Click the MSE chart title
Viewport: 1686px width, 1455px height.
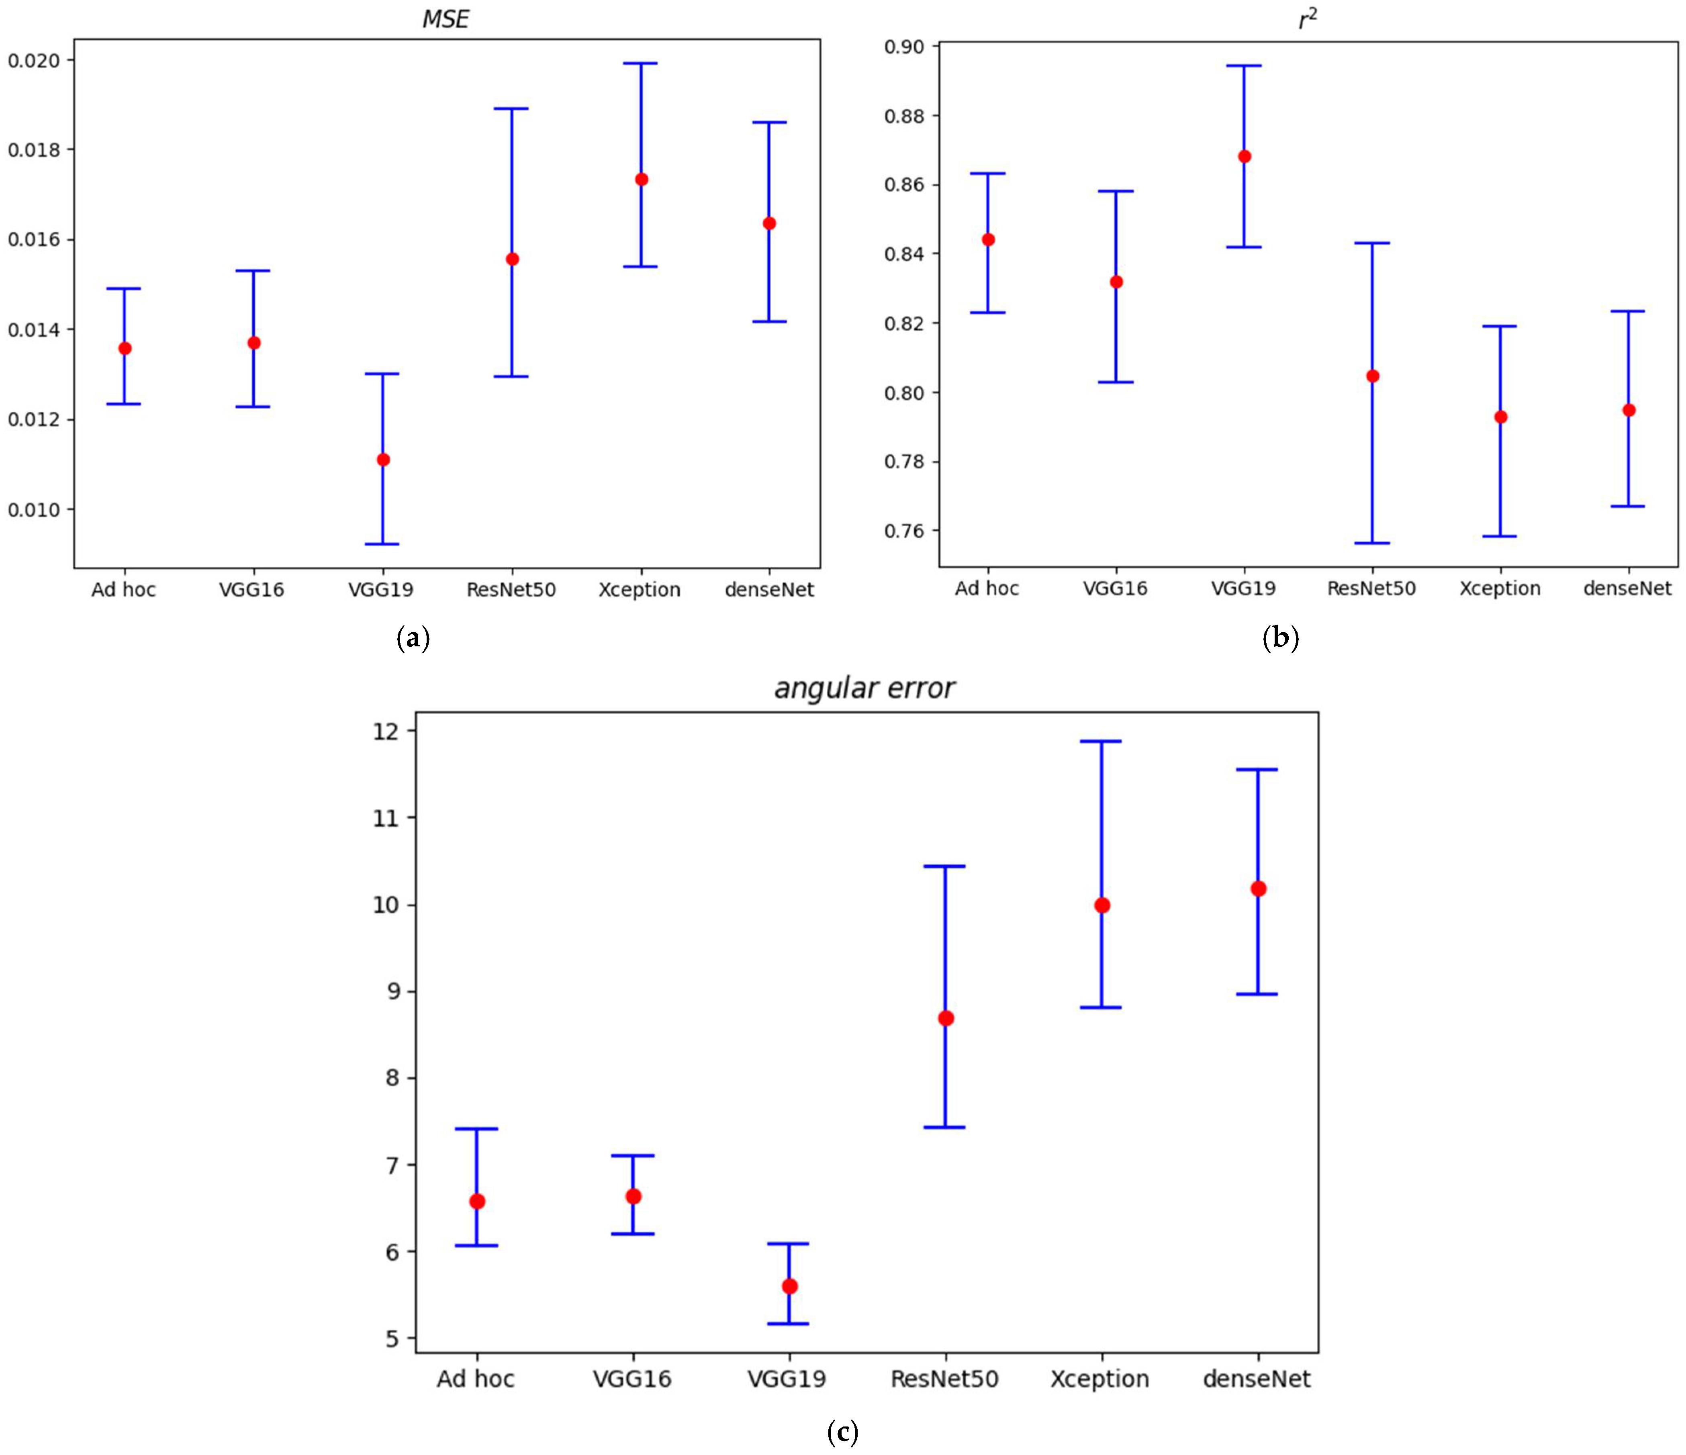click(445, 19)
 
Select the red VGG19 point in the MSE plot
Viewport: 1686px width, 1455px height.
click(383, 460)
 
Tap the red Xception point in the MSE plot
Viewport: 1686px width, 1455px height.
click(641, 179)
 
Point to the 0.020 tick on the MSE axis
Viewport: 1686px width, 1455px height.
click(33, 60)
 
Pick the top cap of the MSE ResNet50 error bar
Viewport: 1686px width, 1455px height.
click(512, 108)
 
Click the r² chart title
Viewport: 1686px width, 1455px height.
click(1307, 19)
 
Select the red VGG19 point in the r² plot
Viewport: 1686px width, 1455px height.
click(1244, 156)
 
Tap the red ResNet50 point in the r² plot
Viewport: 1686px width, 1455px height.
click(1373, 376)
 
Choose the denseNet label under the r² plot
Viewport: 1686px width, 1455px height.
click(1627, 589)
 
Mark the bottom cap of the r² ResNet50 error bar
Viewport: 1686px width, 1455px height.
click(1373, 543)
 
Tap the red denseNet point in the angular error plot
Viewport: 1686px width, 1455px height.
click(1258, 889)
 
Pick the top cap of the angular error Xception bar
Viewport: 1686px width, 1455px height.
click(1102, 741)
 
